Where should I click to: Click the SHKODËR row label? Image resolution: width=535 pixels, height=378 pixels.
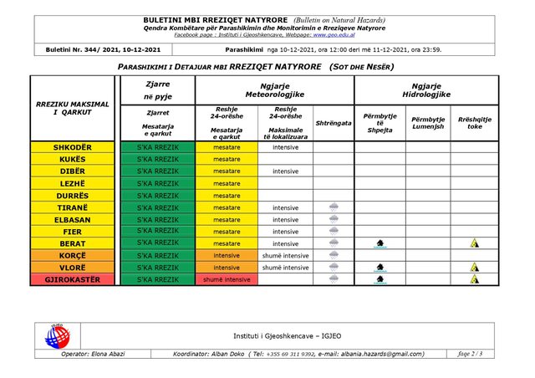[x=74, y=148]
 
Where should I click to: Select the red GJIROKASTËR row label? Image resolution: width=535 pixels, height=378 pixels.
[x=74, y=279]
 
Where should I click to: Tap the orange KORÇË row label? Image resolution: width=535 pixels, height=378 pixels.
[x=74, y=255]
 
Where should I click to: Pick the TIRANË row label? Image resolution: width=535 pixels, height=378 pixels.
[x=74, y=207]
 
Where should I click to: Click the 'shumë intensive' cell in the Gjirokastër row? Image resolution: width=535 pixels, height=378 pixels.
[x=227, y=279]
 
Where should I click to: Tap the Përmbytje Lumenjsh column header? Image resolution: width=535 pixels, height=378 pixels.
[x=428, y=122]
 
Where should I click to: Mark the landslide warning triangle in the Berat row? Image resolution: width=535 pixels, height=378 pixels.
[x=475, y=243]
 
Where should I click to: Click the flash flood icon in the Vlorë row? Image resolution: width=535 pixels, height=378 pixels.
[x=380, y=268]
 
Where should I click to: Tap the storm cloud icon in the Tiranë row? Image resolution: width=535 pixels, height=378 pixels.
[x=334, y=207]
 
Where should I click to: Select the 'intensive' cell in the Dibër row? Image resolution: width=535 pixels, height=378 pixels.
[x=285, y=171]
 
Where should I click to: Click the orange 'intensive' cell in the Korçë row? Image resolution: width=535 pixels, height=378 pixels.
[x=227, y=255]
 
